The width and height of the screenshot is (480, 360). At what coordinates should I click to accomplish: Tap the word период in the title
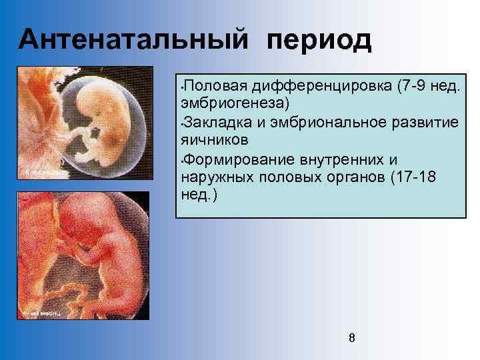click(x=319, y=41)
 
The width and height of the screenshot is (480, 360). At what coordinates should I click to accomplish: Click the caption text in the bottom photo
click(x=43, y=311)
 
